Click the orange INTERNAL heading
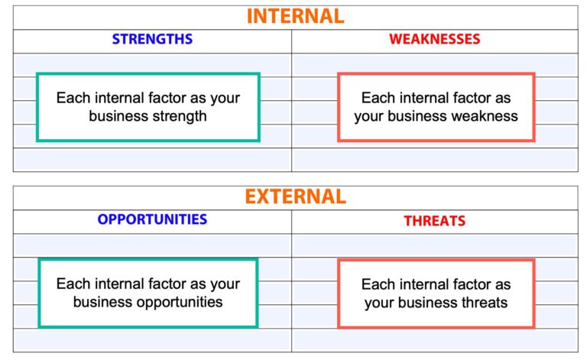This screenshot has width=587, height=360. [295, 16]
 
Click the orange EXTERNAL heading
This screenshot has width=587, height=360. [295, 196]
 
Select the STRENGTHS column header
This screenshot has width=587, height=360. [152, 39]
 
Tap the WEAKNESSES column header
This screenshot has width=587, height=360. [434, 39]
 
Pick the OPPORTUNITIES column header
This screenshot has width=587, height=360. [152, 219]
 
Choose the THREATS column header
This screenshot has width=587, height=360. [434, 221]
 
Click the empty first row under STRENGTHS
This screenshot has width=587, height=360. [152, 64]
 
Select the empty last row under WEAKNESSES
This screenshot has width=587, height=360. [434, 159]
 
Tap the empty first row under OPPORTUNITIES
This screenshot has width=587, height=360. [152, 245]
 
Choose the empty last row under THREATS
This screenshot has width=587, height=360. [434, 339]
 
